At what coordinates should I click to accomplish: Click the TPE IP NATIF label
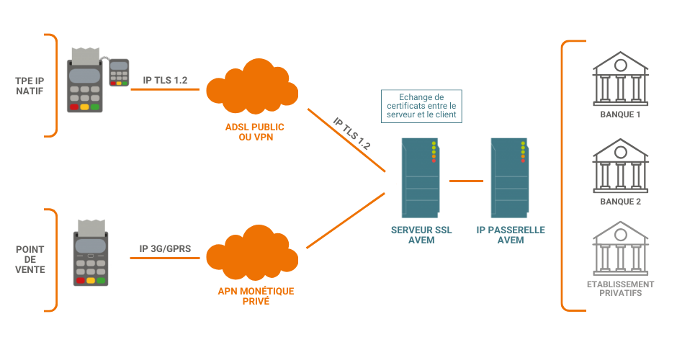(x=30, y=86)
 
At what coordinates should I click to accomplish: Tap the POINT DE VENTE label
(x=30, y=259)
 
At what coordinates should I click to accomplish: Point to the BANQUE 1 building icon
(x=619, y=77)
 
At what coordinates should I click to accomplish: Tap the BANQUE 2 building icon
(x=619, y=166)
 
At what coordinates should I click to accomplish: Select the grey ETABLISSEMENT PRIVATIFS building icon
(x=619, y=251)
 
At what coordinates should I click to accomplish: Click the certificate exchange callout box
(x=421, y=105)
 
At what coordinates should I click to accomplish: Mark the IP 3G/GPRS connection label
(x=164, y=249)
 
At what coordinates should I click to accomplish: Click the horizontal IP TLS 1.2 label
(x=165, y=80)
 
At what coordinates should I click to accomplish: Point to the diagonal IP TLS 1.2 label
(x=352, y=133)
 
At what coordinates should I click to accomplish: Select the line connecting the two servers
(x=465, y=179)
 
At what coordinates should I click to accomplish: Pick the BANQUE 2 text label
(x=620, y=202)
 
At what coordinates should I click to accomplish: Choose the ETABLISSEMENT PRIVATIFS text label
(x=620, y=289)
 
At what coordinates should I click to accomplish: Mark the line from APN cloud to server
(x=344, y=220)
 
